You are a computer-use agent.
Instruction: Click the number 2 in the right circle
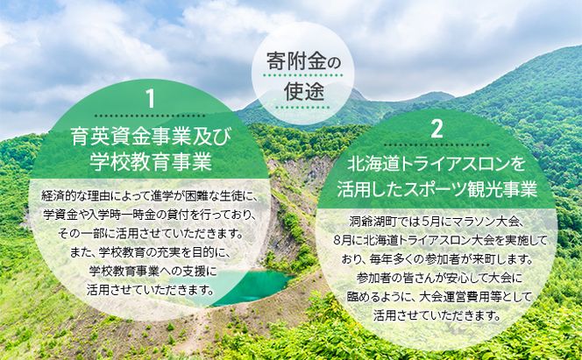436,129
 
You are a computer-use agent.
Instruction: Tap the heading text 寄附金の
291,62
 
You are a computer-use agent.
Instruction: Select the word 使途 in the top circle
291,89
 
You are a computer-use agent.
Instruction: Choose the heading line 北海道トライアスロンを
436,164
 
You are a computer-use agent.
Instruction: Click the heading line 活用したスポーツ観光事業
436,188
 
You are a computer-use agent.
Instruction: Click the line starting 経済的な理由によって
151,196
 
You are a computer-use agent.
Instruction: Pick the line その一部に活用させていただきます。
151,234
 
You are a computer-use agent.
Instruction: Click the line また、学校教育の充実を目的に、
151,252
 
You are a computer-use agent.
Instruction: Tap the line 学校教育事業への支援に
151,271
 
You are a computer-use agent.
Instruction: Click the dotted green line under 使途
291,106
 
